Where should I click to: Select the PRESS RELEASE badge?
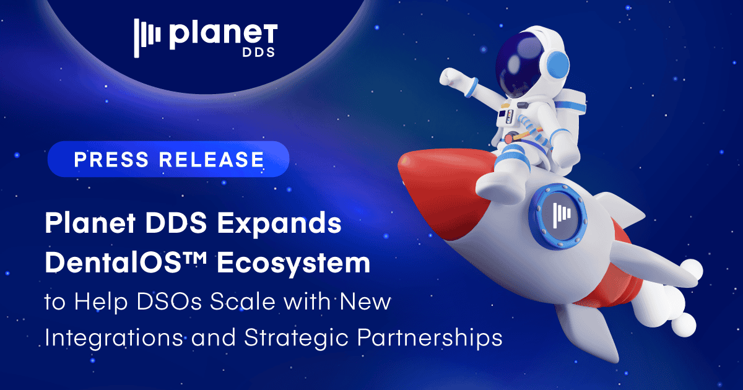tap(168, 159)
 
